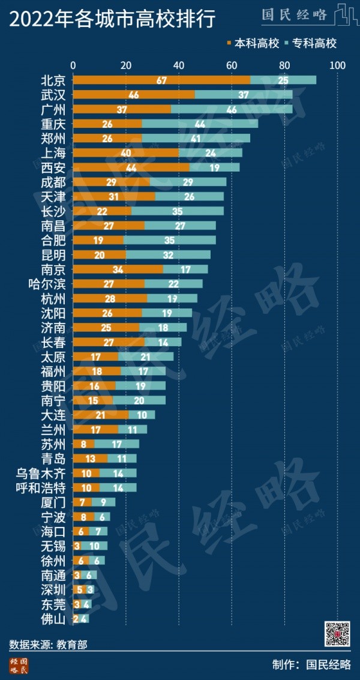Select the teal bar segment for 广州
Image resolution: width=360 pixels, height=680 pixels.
tap(231, 109)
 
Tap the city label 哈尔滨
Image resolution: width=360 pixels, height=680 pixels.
tap(48, 283)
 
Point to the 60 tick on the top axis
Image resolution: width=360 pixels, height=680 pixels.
tap(231, 65)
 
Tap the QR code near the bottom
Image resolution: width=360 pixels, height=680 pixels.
tap(337, 634)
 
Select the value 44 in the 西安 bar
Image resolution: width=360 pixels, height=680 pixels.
tap(131, 167)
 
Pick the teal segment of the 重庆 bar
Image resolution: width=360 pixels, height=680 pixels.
tap(200, 124)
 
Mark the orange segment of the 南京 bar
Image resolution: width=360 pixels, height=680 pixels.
tap(118, 269)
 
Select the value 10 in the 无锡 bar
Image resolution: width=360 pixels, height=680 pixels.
tap(94, 546)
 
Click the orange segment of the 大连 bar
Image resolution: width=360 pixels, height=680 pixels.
tap(100, 415)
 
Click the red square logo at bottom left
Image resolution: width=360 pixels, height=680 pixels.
tap(19, 665)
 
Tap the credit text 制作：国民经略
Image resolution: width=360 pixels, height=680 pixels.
tap(311, 664)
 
